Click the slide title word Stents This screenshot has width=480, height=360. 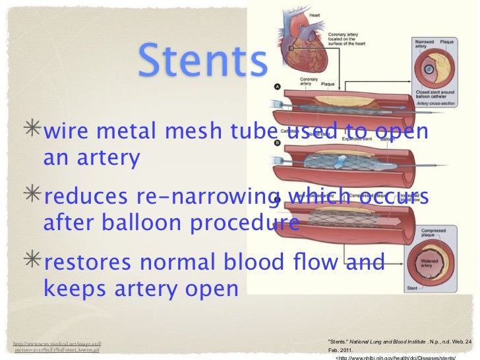click(203, 61)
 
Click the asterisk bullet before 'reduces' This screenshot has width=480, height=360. click(30, 197)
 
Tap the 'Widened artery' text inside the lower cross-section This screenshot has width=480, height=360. click(433, 264)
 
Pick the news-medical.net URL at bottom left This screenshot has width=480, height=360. click(57, 345)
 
